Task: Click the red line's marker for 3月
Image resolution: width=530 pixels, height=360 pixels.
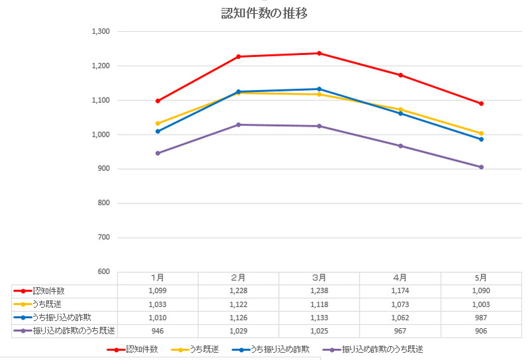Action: click(x=319, y=53)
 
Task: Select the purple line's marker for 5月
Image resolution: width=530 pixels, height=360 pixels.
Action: click(x=482, y=167)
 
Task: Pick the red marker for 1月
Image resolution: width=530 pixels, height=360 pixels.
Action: click(x=158, y=101)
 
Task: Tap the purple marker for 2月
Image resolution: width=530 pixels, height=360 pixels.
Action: click(x=238, y=125)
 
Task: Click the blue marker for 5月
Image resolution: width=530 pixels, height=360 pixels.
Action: click(x=482, y=139)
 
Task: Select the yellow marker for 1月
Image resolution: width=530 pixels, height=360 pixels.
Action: click(x=158, y=123)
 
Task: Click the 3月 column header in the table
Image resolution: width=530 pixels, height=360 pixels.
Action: click(x=319, y=278)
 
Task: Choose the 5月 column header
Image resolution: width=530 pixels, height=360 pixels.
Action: click(x=482, y=278)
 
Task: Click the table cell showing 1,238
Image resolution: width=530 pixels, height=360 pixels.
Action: click(x=319, y=291)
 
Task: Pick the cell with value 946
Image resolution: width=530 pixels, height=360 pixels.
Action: click(x=158, y=330)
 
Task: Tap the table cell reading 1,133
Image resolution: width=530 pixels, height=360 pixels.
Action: click(x=319, y=318)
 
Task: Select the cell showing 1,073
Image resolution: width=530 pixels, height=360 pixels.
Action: click(x=400, y=304)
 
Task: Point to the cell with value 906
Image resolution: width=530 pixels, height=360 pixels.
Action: click(x=482, y=330)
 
